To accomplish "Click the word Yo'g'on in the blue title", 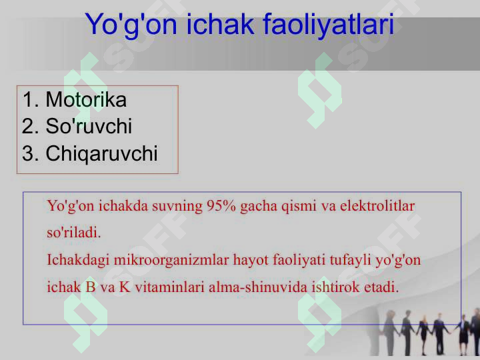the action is [131, 25].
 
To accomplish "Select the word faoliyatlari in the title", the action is [328, 25].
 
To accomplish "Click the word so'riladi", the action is [74, 233].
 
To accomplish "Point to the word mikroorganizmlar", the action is [171, 261].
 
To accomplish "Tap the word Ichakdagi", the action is [78, 261].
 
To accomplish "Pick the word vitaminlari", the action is [169, 287].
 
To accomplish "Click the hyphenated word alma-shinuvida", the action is [258, 287].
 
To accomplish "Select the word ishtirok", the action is [335, 287].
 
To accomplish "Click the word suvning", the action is [177, 206].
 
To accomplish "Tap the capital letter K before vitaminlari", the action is [125, 287].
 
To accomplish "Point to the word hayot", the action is [251, 261].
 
